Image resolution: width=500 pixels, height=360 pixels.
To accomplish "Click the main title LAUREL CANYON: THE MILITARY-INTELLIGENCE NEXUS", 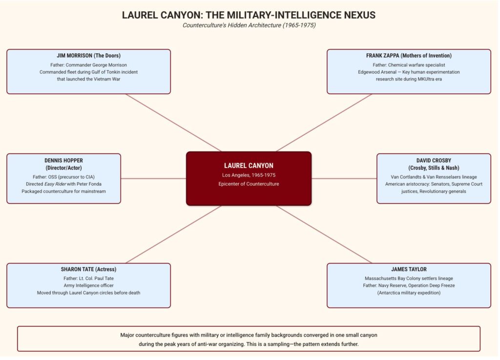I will pyautogui.click(x=249, y=15).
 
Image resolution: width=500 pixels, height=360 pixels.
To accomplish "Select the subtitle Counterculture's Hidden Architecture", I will pyautogui.click(x=249, y=25).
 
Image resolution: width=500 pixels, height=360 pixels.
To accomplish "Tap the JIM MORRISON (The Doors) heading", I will pyautogui.click(x=88, y=56).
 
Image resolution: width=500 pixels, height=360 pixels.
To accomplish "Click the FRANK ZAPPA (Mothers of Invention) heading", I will pyautogui.click(x=409, y=56).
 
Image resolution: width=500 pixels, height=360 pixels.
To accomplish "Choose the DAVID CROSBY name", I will pyautogui.click(x=434, y=160).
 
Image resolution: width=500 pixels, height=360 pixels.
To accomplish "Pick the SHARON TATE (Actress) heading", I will pyautogui.click(x=88, y=269).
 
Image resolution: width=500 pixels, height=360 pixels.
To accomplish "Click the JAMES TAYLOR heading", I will pyautogui.click(x=409, y=269).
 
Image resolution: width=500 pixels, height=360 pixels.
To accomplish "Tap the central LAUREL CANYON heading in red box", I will pyautogui.click(x=249, y=166).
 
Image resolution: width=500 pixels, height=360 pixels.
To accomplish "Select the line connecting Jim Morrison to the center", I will pyautogui.click(x=173, y=123).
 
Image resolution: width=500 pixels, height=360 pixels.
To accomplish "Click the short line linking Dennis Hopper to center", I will pyautogui.click(x=153, y=178).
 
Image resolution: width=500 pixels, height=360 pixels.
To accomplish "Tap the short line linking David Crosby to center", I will pyautogui.click(x=344, y=178).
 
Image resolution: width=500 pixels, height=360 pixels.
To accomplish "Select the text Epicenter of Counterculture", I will pyautogui.click(x=249, y=184).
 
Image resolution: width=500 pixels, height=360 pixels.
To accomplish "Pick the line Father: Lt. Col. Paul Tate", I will pyautogui.click(x=88, y=278).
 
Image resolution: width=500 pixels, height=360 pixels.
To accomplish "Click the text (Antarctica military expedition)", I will pyautogui.click(x=409, y=293).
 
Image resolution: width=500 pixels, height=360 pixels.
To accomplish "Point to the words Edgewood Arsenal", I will pyautogui.click(x=376, y=72).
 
